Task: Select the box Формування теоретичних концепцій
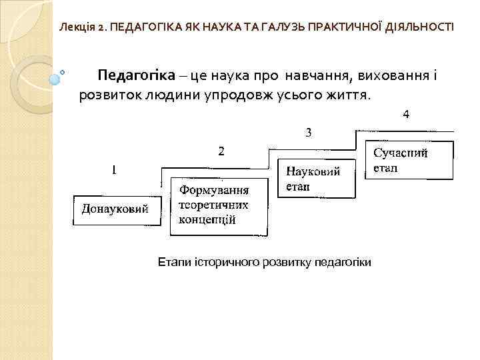213,206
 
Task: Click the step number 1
115,170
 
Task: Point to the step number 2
222,151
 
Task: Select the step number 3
309,132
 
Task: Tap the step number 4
406,114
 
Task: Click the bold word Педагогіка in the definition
136,74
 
